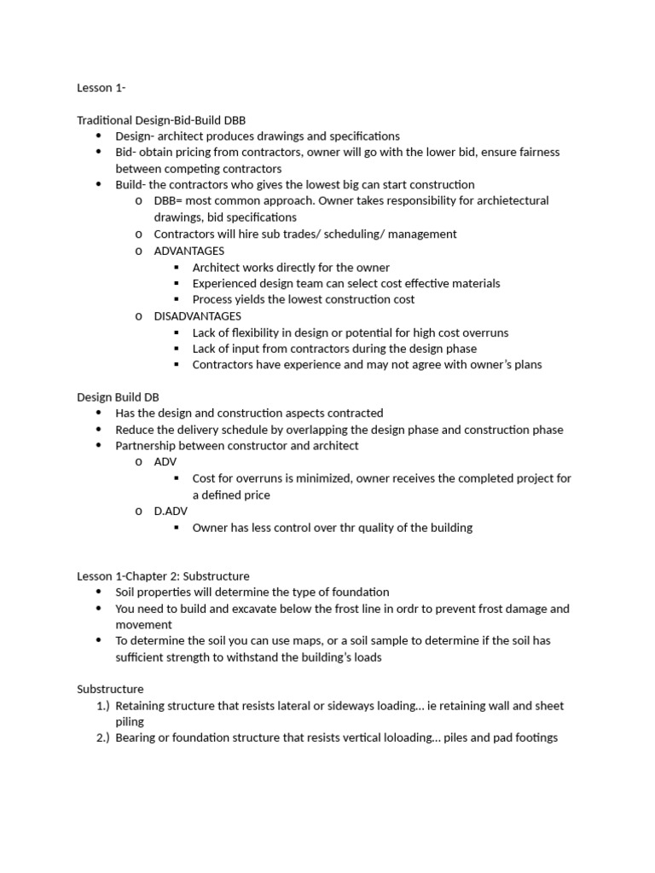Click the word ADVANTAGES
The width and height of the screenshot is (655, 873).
point(188,251)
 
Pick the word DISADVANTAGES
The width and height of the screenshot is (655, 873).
point(197,316)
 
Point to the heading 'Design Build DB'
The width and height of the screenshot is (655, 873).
point(118,397)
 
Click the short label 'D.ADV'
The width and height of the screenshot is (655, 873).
point(170,512)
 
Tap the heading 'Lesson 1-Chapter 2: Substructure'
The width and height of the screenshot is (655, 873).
point(163,576)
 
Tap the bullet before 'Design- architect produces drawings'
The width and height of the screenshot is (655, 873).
point(99,136)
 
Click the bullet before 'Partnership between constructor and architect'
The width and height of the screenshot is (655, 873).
point(99,446)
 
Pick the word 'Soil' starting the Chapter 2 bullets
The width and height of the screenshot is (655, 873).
point(126,592)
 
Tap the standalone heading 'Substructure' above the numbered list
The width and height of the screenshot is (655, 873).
point(110,689)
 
